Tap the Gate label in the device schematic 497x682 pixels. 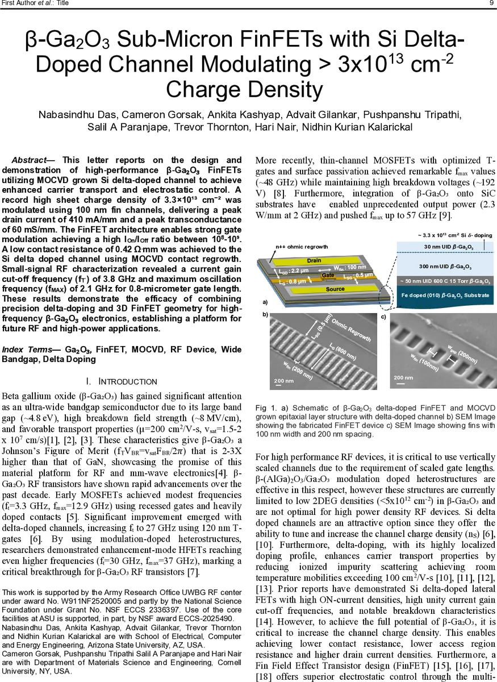[328, 275]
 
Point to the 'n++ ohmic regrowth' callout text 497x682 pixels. [302, 247]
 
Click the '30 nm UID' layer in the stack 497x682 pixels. [445, 247]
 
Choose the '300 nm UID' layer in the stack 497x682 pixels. [445, 266]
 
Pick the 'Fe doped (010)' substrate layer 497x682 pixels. [445, 296]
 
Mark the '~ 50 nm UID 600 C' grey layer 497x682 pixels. [445, 281]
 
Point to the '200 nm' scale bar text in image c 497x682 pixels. [403, 377]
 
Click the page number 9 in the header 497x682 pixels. [491, 3]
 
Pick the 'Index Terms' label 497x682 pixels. [31, 350]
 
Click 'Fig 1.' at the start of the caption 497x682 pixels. [265, 408]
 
